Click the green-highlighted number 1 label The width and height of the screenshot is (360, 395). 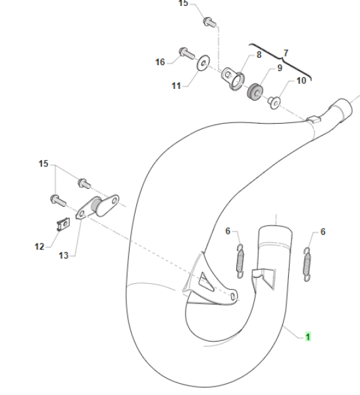308,336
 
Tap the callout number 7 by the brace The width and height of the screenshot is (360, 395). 286,53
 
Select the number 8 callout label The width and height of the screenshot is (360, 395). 259,55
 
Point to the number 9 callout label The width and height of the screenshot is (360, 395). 280,68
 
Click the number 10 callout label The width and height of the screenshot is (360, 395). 301,80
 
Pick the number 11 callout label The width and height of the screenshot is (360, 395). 176,86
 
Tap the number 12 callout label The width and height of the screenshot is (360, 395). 39,246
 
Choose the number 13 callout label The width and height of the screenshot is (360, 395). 63,255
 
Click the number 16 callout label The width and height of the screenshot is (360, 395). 160,62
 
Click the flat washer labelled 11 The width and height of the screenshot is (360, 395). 203,63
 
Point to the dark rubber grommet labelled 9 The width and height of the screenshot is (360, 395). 255,92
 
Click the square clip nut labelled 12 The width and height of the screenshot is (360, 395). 63,224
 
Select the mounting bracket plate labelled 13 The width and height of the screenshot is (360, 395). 98,207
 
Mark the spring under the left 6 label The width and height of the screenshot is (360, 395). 240,261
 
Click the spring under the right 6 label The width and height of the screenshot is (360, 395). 307,264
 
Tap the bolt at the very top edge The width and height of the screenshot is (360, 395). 209,22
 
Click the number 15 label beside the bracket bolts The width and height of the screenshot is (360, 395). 43,164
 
